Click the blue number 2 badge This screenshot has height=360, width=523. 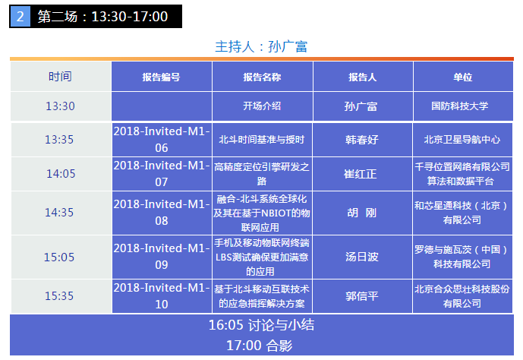(20, 17)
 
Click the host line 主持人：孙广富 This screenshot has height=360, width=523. (261, 46)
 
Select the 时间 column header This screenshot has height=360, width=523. (60, 77)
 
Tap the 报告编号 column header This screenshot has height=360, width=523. (162, 77)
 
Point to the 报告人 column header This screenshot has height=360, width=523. (363, 77)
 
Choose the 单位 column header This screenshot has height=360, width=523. (463, 77)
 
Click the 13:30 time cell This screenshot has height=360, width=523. (60, 106)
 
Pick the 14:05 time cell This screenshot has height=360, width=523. (61, 174)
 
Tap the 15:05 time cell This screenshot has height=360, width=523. (59, 257)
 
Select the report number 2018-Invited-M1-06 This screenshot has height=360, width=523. (162, 140)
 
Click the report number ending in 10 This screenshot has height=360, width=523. (162, 296)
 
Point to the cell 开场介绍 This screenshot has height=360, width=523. (262, 106)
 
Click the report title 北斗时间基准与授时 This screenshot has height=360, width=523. (262, 140)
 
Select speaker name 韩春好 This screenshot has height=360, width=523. (362, 140)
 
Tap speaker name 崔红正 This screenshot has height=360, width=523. (361, 174)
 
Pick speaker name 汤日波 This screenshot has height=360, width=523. (362, 257)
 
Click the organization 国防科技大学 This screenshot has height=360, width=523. (460, 106)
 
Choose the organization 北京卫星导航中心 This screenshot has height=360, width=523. (462, 140)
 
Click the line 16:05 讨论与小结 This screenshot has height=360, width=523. (261, 325)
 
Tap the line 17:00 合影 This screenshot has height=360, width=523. (260, 346)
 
